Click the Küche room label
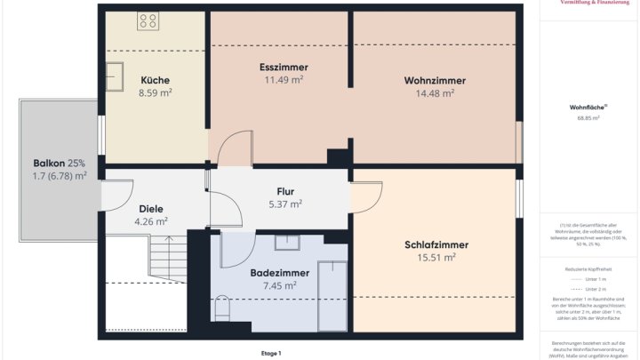pos(155,80)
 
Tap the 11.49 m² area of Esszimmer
pos(284,79)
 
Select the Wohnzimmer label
pos(435,80)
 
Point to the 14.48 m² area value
pos(435,92)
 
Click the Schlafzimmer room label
pos(436,244)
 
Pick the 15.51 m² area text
pos(436,257)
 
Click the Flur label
pos(285,190)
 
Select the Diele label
pos(150,209)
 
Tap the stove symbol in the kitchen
pos(148,20)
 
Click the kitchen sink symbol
pos(114,76)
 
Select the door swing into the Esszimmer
pos(233,148)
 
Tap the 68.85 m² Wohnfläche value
pos(588,117)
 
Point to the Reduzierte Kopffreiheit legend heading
pos(588,268)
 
